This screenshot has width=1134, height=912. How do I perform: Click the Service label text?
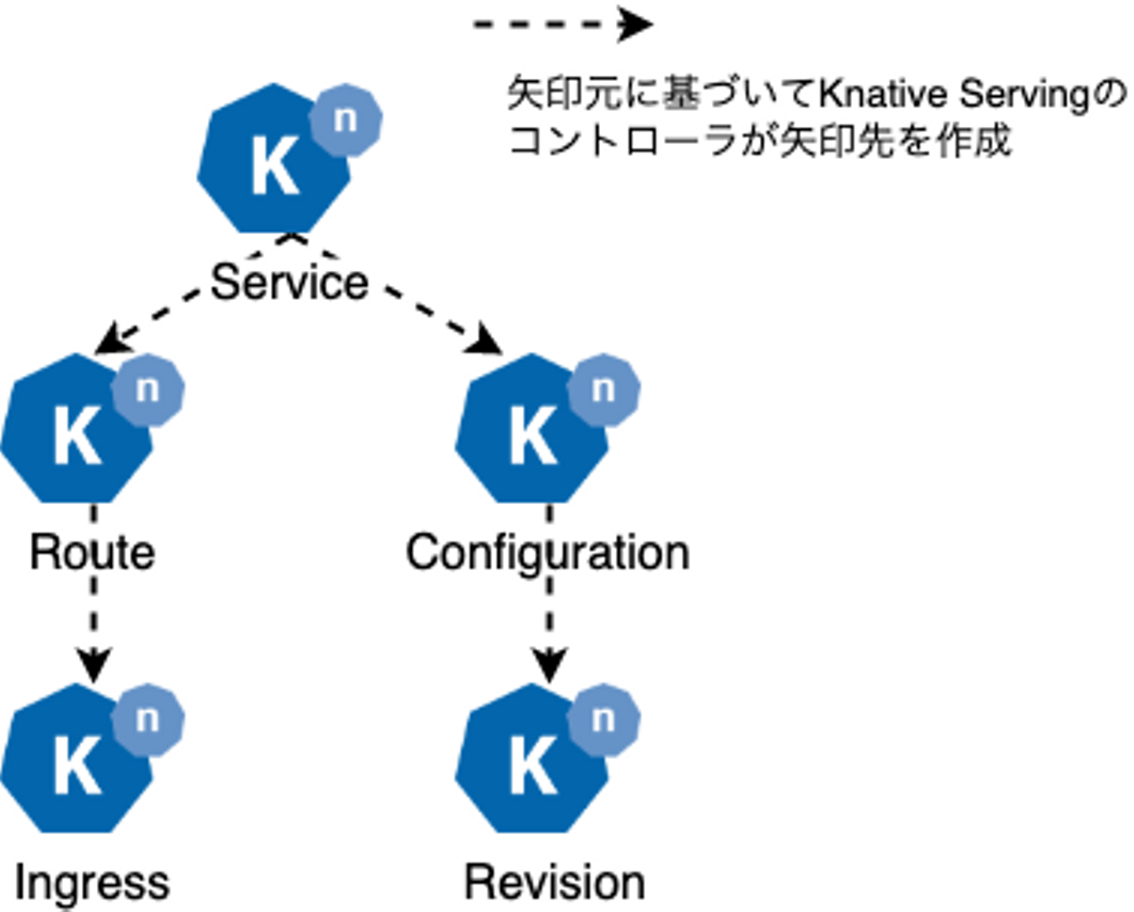(289, 282)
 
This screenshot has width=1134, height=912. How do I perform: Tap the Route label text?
(92, 552)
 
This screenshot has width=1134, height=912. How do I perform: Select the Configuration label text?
(547, 552)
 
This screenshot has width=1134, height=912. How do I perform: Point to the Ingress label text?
(92, 882)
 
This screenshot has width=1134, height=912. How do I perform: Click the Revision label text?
(554, 882)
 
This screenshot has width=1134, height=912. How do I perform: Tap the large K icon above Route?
(76, 433)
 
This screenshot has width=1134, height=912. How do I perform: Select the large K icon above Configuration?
(532, 433)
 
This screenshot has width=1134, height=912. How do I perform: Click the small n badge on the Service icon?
(346, 120)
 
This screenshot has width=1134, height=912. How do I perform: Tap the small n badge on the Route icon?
(148, 390)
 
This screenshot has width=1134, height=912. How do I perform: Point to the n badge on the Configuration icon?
(603, 390)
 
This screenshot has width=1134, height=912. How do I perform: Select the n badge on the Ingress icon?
(148, 720)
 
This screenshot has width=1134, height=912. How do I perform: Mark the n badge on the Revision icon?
(603, 720)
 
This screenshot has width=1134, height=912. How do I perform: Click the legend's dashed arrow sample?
(561, 24)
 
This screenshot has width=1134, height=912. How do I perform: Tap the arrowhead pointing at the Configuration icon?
(487, 342)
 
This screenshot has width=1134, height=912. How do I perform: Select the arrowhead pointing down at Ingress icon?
(94, 665)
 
